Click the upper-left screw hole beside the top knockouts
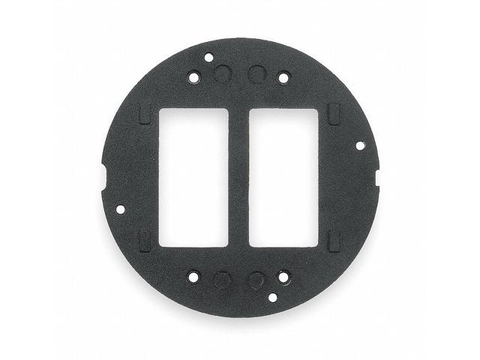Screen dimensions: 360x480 [x=194, y=76]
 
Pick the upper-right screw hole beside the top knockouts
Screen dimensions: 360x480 [x=283, y=76]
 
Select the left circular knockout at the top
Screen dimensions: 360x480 [x=221, y=73]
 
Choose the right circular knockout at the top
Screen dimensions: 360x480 [x=256, y=73]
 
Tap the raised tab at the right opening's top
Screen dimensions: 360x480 [x=334, y=115]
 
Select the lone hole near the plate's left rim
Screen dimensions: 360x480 [x=121, y=208]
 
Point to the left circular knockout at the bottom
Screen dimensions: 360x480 [x=221, y=280]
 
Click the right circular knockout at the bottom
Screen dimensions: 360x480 [x=256, y=280]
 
